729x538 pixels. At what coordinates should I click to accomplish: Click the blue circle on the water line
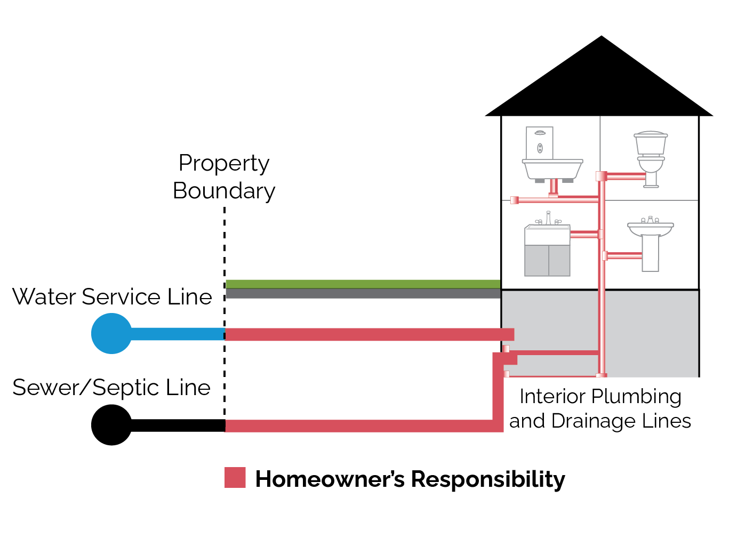111,334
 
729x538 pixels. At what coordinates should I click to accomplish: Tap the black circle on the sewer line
111,425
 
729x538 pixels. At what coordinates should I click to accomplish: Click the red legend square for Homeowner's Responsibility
235,478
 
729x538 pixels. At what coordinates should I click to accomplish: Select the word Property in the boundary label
224,163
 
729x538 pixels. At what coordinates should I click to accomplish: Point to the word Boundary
224,191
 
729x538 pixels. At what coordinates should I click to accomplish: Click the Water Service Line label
112,297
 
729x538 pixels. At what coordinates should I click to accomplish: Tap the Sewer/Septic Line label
111,388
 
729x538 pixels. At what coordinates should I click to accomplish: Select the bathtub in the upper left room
552,169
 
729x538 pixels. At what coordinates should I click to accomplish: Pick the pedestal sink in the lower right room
651,243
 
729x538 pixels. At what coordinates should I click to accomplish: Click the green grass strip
363,284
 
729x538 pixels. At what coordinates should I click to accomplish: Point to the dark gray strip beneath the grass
363,293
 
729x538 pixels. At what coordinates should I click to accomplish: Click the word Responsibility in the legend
488,479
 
